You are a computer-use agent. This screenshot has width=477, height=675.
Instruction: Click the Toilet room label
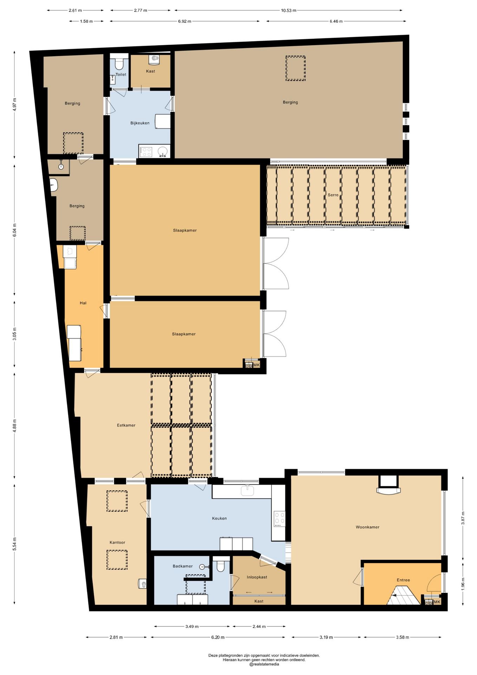pyautogui.click(x=121, y=75)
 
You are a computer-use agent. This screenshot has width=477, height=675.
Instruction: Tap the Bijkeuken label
pyautogui.click(x=140, y=123)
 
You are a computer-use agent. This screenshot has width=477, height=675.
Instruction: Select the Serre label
pyautogui.click(x=333, y=195)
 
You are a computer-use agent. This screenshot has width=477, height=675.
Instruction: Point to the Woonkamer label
pyautogui.click(x=367, y=527)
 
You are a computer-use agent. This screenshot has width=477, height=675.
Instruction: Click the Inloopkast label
pyautogui.click(x=257, y=577)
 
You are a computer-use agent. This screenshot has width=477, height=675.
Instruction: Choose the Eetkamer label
pyautogui.click(x=126, y=425)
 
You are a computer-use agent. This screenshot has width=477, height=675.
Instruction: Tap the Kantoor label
pyautogui.click(x=117, y=542)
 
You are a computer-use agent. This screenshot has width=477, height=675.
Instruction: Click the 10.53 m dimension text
pyautogui.click(x=288, y=10)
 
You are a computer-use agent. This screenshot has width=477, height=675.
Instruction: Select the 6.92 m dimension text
pyautogui.click(x=184, y=21)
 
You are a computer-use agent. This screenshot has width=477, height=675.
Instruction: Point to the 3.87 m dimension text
pyautogui.click(x=463, y=518)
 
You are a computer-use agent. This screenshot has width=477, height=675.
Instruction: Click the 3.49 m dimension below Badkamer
pyautogui.click(x=192, y=626)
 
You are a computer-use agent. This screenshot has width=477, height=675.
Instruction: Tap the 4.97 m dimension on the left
pyautogui.click(x=14, y=104)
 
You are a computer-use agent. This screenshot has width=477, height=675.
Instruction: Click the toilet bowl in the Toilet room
pyautogui.click(x=119, y=64)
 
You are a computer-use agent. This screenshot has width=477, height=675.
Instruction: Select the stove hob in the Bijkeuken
pyautogui.click(x=146, y=152)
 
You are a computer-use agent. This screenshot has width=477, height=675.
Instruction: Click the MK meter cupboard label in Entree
pyautogui.click(x=437, y=602)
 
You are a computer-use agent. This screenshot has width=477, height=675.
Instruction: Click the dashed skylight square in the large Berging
pyautogui.click(x=295, y=68)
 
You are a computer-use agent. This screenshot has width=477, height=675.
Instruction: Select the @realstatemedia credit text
pyautogui.click(x=264, y=664)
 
